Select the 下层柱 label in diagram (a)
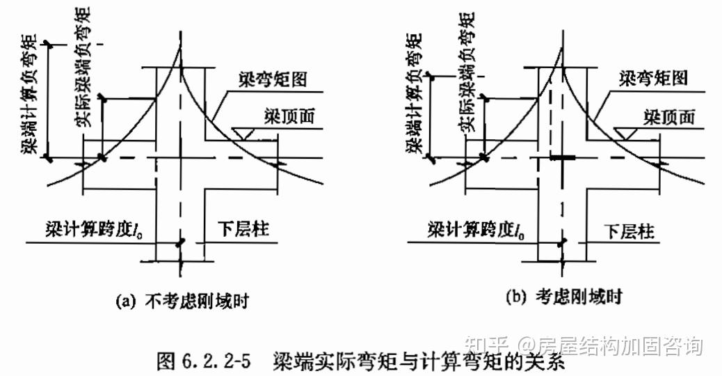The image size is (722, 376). (244, 228)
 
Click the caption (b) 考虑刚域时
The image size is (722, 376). (563, 297)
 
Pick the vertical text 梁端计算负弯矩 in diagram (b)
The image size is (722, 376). (416, 93)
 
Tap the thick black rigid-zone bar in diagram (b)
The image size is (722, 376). (563, 158)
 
